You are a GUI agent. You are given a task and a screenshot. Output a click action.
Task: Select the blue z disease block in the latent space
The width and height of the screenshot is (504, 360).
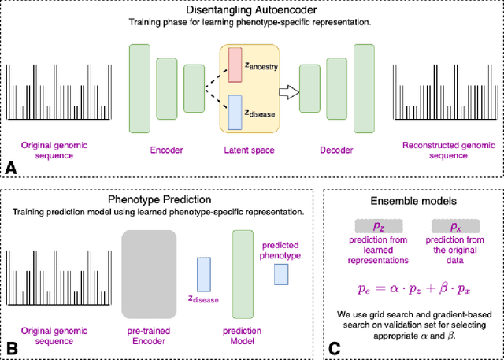pos(235,112)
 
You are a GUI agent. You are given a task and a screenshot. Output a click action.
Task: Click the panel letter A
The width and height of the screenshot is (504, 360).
pos(11,168)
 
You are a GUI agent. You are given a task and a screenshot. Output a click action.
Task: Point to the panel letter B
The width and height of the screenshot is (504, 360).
pos(11,347)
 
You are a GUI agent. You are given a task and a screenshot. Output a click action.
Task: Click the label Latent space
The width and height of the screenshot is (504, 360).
pos(248,149)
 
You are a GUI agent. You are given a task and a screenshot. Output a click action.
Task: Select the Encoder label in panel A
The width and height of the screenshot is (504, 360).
pos(166,149)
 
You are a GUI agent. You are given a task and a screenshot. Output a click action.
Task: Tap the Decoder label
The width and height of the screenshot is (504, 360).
pos(336,149)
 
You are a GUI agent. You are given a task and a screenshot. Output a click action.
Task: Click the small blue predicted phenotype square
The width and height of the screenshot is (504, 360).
pos(280,274)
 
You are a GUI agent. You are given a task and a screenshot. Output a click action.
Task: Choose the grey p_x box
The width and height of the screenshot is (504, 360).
pos(454,226)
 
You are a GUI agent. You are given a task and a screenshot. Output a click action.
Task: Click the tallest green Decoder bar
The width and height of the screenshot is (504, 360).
pos(364,84)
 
